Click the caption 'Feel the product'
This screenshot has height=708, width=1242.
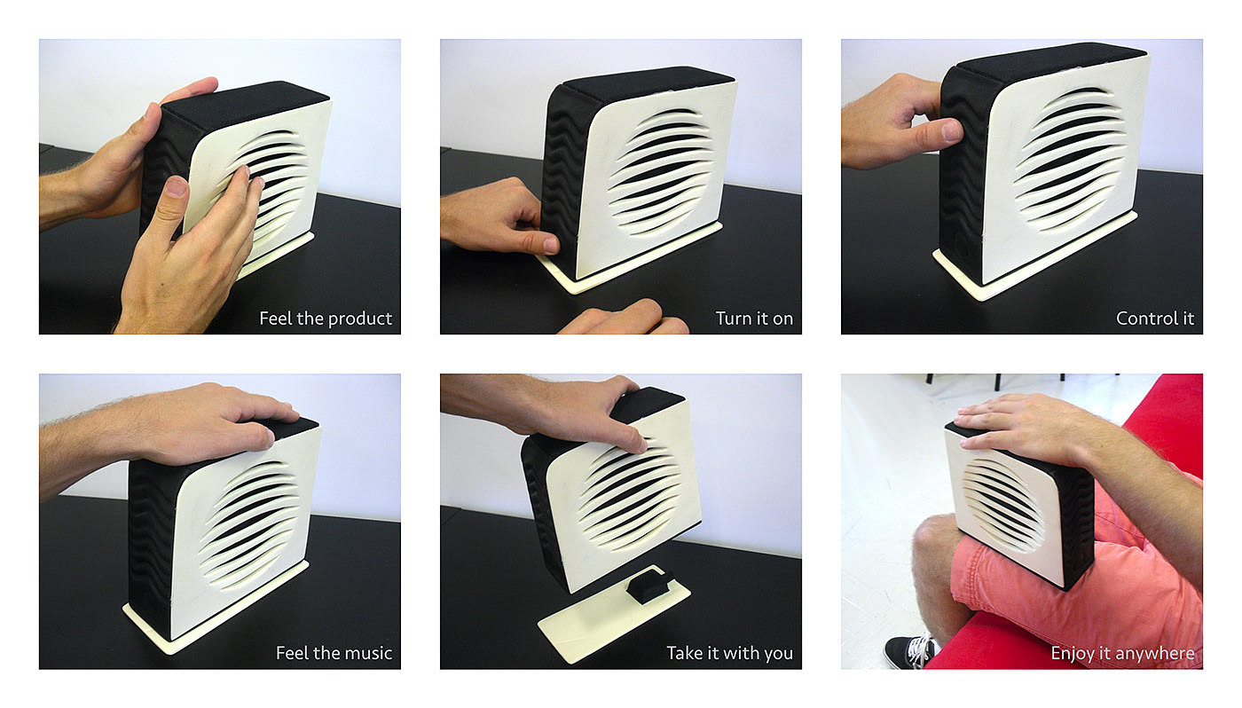click(326, 319)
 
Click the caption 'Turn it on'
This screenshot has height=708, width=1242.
click(754, 319)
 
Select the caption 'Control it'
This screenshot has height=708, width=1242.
click(1155, 319)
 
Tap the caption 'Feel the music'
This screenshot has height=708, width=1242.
click(334, 653)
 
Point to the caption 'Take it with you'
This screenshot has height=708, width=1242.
click(729, 653)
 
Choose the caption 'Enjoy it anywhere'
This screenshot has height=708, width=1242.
click(1123, 653)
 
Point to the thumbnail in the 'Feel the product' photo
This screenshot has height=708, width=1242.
click(177, 187)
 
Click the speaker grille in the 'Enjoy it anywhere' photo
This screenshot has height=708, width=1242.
click(1004, 505)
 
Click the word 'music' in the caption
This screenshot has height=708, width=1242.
click(367, 653)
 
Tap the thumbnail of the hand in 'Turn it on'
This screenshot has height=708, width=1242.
click(551, 245)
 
